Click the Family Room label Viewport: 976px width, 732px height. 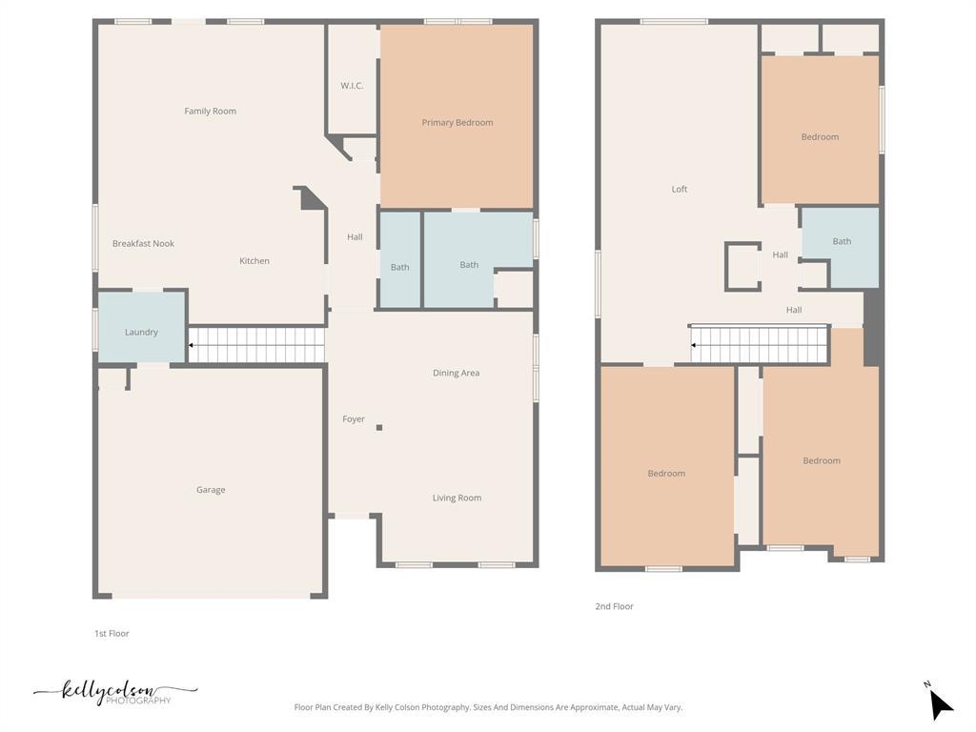210,112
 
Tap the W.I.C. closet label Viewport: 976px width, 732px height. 352,86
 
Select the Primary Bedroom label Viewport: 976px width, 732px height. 457,123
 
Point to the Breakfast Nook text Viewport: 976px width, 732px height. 143,244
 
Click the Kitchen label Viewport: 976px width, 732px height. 254,261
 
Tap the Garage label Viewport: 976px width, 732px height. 211,490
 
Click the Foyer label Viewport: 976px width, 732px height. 354,419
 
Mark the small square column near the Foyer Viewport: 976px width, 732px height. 379,428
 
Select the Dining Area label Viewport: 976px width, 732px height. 456,374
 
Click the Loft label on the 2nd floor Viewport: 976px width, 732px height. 680,190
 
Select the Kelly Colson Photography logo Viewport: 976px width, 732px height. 115,693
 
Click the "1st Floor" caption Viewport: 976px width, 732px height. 112,634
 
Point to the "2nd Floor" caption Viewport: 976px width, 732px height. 614,607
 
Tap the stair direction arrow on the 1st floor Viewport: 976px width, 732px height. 192,345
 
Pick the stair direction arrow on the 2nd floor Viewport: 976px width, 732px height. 694,345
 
